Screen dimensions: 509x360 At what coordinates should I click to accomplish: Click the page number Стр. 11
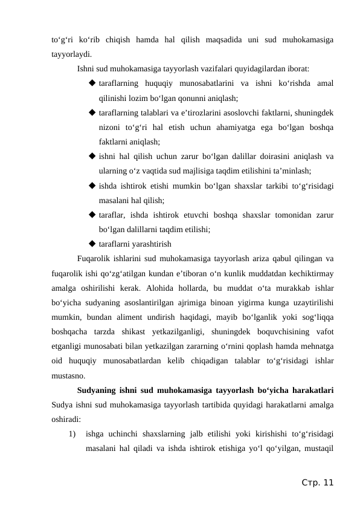317,482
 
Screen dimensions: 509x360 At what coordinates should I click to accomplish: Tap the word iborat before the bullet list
297,68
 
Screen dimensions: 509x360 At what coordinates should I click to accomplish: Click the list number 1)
73,434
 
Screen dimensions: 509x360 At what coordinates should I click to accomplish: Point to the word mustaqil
318,449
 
